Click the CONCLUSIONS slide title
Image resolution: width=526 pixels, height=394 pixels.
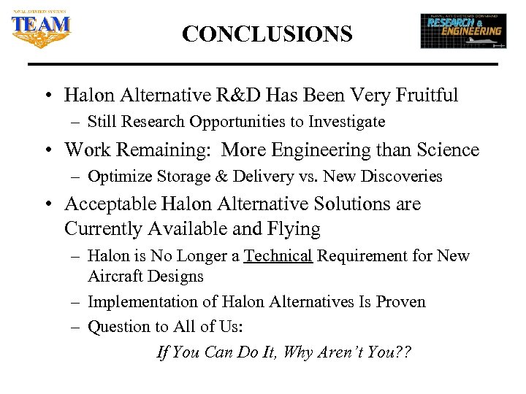coord(267,34)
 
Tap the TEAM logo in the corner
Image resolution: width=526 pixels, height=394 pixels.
coord(41,27)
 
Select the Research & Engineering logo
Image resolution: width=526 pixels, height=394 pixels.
coord(463,31)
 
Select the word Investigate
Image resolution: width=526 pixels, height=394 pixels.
coord(346,121)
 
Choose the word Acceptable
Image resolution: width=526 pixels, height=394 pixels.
coord(110,204)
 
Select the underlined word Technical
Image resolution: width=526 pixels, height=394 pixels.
coord(278,256)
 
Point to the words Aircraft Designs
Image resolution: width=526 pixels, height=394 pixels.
coord(145,277)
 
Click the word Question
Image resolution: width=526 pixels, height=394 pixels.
coord(119,327)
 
